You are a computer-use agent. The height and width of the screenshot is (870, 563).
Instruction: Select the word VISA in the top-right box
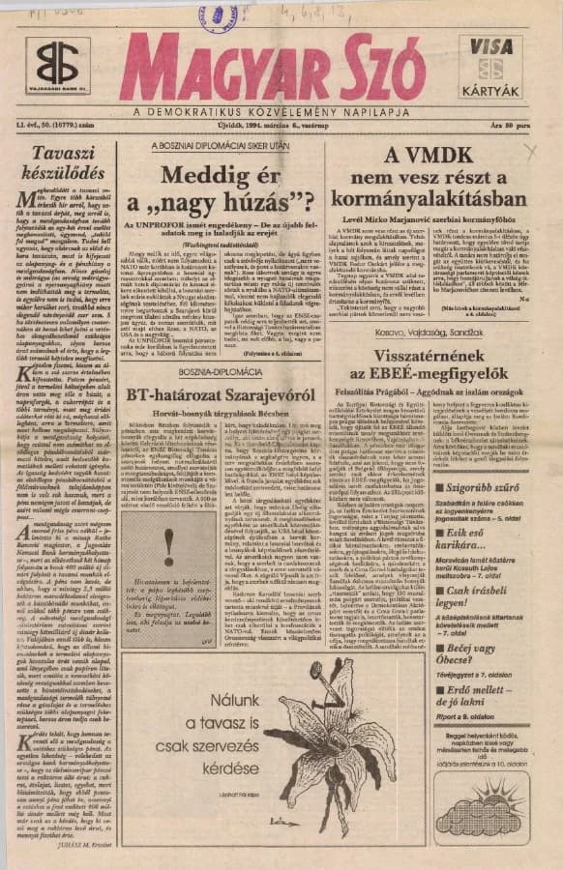click(x=493, y=45)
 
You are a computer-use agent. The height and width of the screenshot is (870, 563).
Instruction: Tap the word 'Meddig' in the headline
click(x=199, y=176)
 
